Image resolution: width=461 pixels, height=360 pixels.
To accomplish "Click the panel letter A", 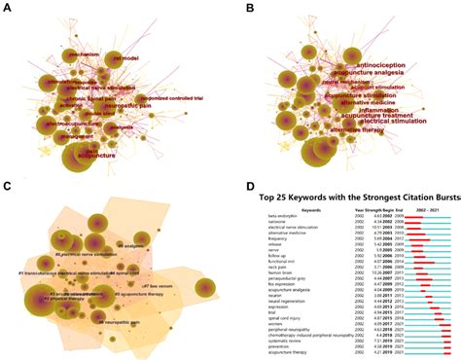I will (9, 7).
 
